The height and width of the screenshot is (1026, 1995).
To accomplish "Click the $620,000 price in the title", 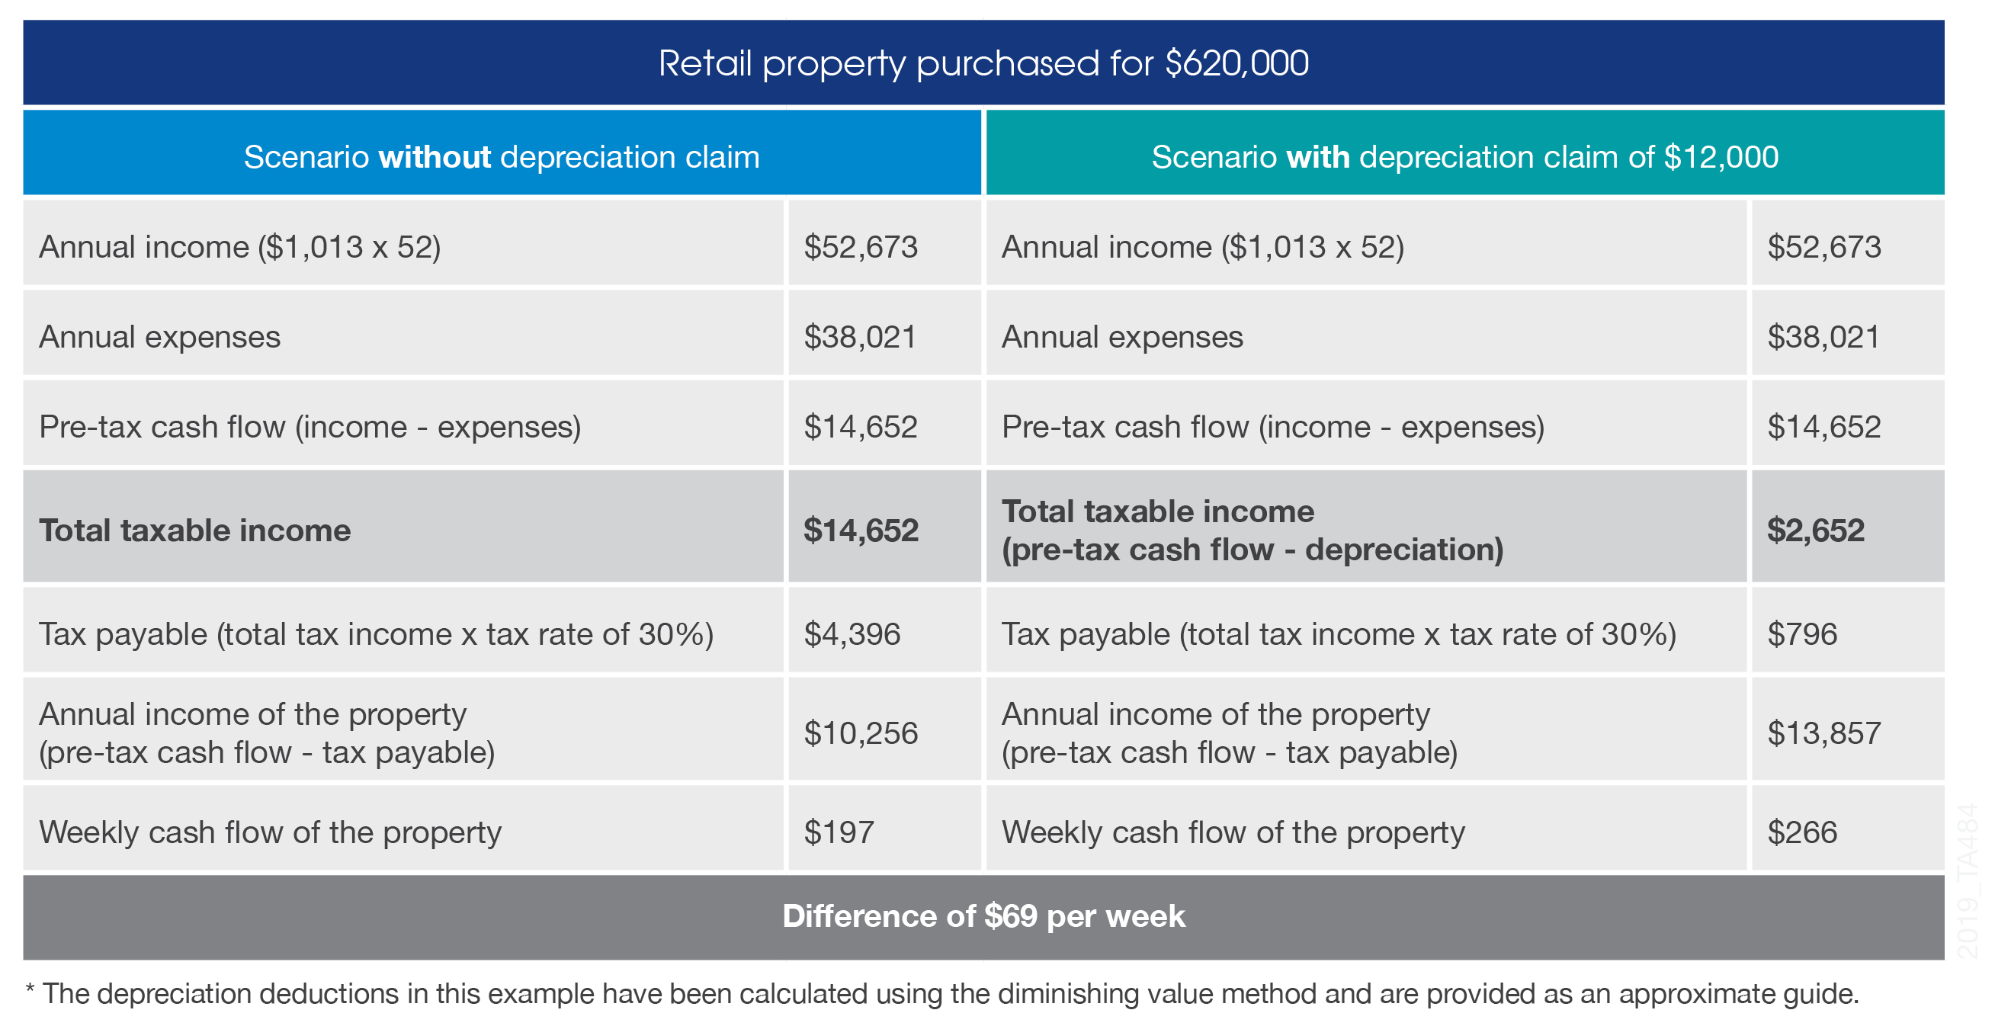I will [x=1236, y=63].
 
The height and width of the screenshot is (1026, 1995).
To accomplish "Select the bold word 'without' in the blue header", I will [x=434, y=157].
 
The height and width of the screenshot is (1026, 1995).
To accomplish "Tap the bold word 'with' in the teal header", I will [x=1317, y=157].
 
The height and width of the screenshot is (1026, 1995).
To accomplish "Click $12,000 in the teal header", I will [x=1721, y=157].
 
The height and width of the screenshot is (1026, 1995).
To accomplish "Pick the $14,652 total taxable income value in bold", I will [x=861, y=531].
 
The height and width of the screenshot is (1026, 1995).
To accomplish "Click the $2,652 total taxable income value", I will [x=1814, y=531].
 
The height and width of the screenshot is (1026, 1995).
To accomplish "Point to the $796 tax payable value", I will [x=1801, y=634].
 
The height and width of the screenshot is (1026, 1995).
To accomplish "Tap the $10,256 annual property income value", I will [x=861, y=733].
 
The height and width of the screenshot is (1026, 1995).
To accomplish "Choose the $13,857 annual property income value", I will [x=1823, y=733].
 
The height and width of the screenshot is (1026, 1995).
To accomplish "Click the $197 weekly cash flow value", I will [x=839, y=832].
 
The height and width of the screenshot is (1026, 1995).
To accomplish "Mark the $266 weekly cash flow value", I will [x=1801, y=832].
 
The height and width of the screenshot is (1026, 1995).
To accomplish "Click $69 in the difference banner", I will [x=1010, y=916].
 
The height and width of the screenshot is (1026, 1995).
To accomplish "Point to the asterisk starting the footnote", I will [x=30, y=989].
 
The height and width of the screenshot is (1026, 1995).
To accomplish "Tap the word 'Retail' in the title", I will [x=704, y=63].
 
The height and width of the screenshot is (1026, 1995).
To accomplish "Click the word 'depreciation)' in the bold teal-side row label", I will [x=1403, y=550].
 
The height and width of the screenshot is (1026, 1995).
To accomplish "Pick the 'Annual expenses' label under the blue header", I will [x=159, y=337].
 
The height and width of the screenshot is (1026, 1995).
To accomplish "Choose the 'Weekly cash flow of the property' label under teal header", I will [x=1233, y=832].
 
